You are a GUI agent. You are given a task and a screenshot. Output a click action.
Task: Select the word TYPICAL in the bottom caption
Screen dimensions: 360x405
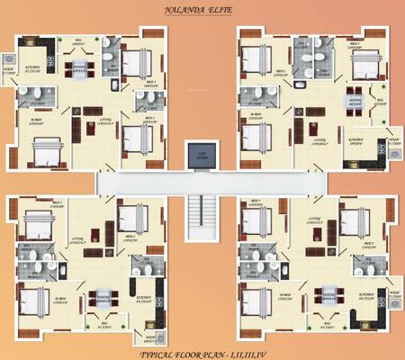point(157,353)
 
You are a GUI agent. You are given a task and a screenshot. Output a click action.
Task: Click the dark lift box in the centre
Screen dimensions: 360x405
point(202,156)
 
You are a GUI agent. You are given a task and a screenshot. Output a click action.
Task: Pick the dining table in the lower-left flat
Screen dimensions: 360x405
point(100,297)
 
